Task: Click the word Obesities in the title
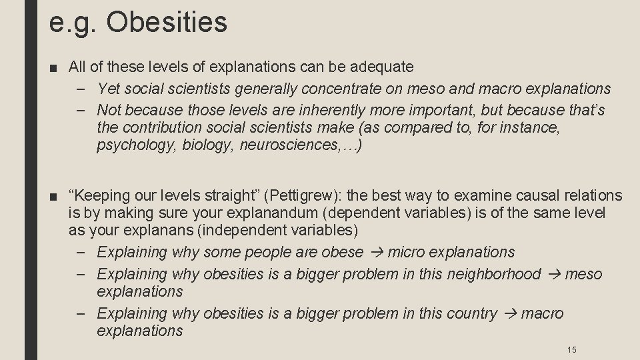[167, 22]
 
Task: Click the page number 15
[571, 349]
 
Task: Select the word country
[468, 313]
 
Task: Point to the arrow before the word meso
[553, 274]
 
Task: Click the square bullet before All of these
[55, 67]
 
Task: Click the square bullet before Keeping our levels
[55, 197]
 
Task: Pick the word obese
[342, 252]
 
